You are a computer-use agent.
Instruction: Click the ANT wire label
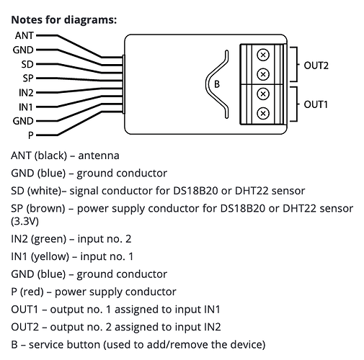25,35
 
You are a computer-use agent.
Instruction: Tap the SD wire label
27,64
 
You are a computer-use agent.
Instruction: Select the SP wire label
28,78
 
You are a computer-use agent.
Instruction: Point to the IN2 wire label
26,93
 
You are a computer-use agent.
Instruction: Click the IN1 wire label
26,107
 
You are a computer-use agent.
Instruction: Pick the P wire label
30,135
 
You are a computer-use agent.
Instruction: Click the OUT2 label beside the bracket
316,66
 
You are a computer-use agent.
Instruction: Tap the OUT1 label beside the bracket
316,104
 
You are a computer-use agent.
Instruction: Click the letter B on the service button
217,84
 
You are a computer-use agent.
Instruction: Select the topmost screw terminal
263,55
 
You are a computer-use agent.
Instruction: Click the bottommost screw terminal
263,113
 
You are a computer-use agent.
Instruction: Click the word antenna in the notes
99,156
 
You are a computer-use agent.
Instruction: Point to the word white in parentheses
44,191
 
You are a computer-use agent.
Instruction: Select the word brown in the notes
45,208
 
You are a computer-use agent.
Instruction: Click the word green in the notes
48,239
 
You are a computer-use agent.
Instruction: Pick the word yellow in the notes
50,256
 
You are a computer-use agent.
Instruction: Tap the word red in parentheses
32,292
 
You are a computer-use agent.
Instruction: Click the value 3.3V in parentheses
25,221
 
